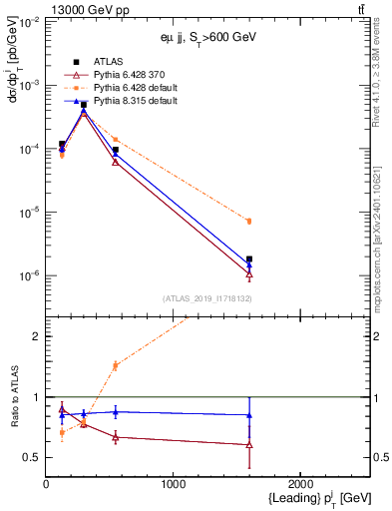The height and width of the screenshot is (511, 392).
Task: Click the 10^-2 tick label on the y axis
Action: point(30,22)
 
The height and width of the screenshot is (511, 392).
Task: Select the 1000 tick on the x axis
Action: point(173,484)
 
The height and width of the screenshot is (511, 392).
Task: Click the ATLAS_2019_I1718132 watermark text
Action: point(205,297)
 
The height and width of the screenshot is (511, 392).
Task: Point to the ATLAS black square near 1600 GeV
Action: point(249,259)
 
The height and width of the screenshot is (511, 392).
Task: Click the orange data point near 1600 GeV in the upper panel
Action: point(249,221)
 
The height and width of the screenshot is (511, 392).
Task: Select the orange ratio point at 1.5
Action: point(116,365)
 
